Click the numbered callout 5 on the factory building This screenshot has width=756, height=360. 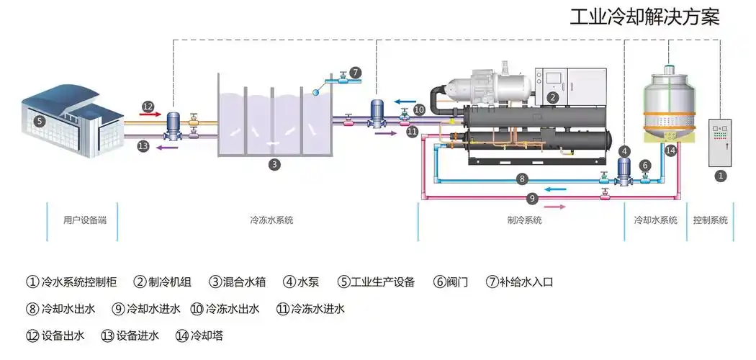[40, 121]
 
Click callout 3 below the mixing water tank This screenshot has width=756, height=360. [274, 165]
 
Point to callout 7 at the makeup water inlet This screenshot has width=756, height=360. [355, 73]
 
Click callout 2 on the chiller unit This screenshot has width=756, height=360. [552, 96]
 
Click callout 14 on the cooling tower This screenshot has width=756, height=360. [670, 150]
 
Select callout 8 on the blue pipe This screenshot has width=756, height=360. [523, 179]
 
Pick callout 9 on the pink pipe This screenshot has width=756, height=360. [533, 197]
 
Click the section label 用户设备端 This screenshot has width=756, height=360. [85, 220]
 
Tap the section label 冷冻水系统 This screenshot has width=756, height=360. [271, 220]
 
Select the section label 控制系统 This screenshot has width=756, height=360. [710, 220]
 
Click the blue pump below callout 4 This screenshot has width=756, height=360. [624, 174]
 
